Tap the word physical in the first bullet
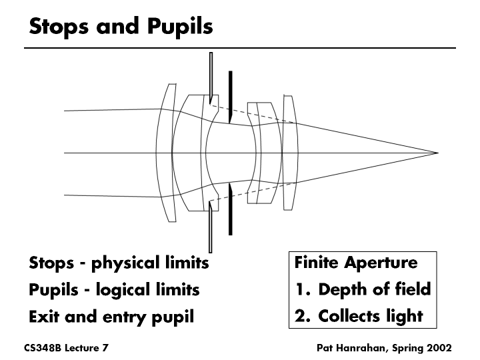(x=135, y=263)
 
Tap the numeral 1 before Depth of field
(x=300, y=289)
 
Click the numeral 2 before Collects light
(x=301, y=315)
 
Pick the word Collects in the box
(x=350, y=315)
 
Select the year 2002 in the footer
(x=439, y=348)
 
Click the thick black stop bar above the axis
(x=229, y=97)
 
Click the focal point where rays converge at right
(x=437, y=153)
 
